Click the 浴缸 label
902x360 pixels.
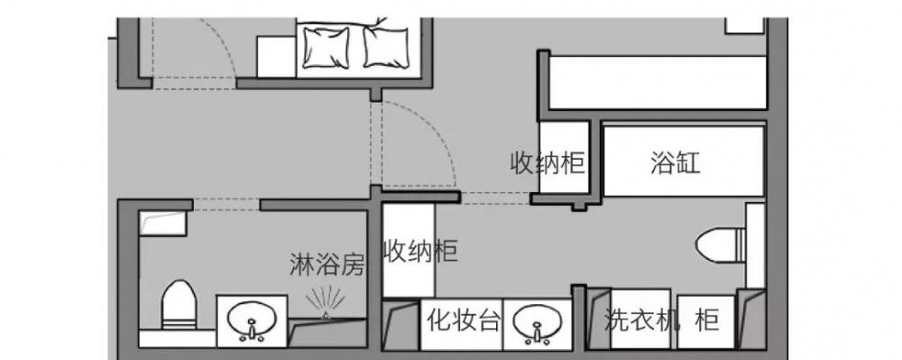[675, 163]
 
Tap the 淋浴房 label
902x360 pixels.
[327, 265]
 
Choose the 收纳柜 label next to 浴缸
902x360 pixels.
[548, 163]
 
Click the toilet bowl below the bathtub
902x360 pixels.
[719, 244]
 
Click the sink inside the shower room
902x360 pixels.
[253, 320]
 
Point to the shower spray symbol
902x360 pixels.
[324, 302]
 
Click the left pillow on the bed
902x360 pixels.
[327, 46]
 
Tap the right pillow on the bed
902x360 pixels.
[387, 45]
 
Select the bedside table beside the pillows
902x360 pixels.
[275, 56]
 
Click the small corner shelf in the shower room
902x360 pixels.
[163, 221]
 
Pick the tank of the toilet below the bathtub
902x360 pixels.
[755, 242]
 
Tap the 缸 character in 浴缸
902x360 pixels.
[689, 163]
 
